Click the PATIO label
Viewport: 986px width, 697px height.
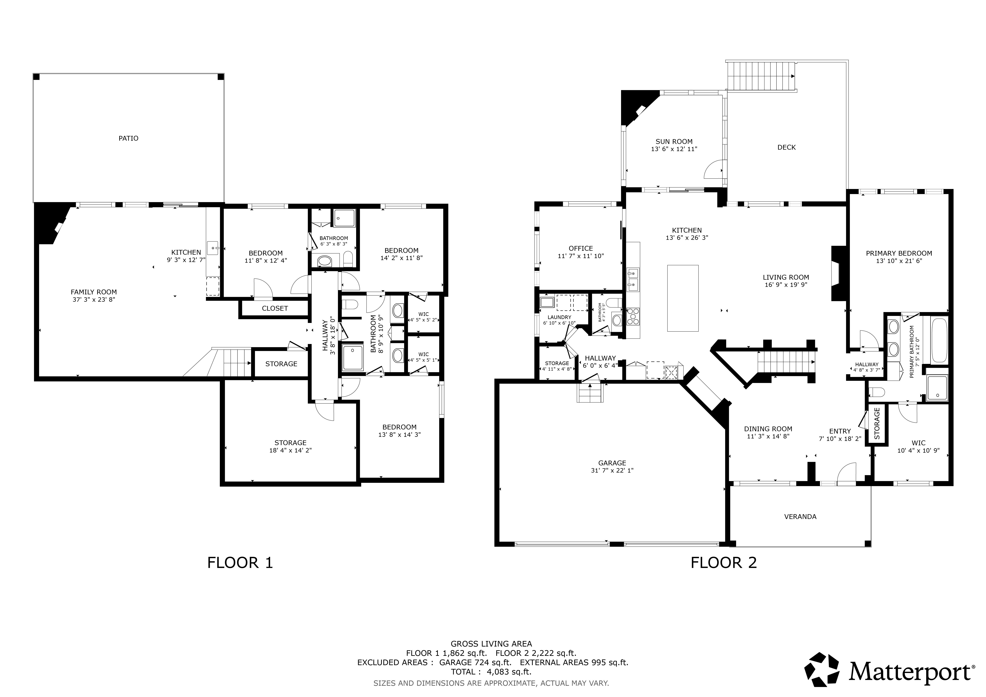128,138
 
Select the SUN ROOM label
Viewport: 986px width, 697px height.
674,142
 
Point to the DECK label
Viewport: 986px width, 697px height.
786,147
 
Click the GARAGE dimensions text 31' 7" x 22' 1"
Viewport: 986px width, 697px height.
612,470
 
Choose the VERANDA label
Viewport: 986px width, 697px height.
800,517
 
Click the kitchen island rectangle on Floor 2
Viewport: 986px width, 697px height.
683,298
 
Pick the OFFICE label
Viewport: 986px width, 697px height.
581,248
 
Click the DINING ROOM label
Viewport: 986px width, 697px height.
768,429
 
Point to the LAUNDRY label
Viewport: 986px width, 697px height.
559,317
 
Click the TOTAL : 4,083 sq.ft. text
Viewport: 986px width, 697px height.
491,672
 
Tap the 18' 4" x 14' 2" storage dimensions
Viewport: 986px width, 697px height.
290,450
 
